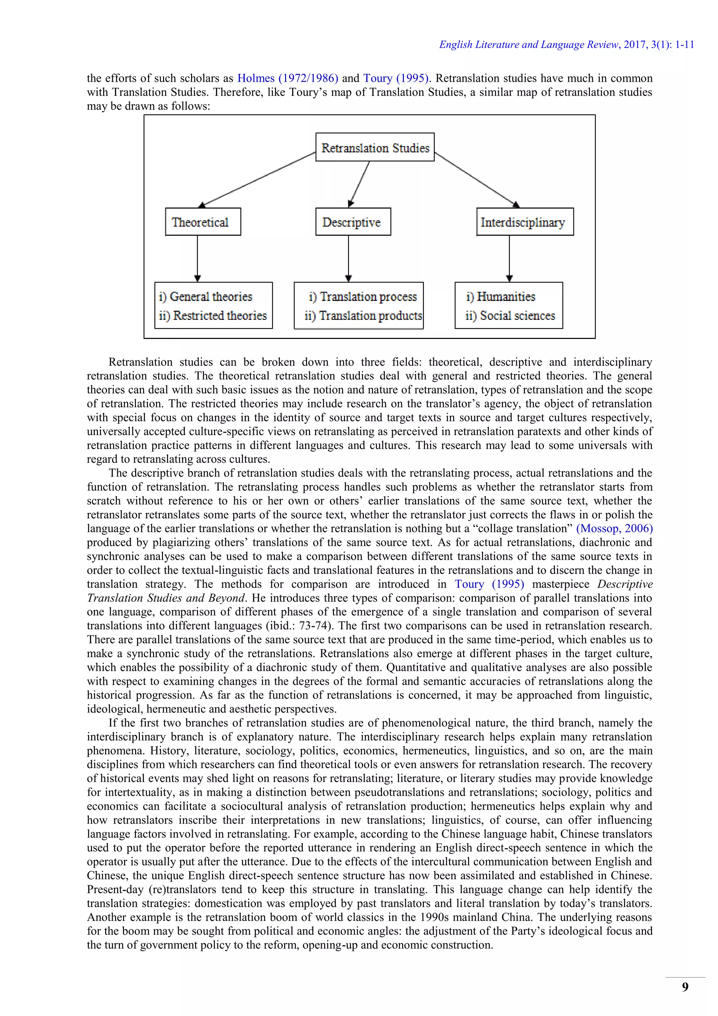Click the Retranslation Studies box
pos(375,147)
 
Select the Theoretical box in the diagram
pos(203,222)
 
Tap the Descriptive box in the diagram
pos(353,222)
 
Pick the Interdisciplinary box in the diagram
pos(524,222)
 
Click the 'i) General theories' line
pos(205,296)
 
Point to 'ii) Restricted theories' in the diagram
pos(213,315)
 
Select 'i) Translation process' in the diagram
pos(363,296)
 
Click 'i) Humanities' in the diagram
pos(501,296)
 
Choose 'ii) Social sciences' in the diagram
pos(510,315)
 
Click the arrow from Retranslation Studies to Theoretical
pos(258,179)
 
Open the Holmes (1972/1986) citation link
pos(287,78)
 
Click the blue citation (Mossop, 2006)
pos(614,528)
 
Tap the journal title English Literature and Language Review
pos(529,45)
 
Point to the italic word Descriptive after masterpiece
pos(625,584)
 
